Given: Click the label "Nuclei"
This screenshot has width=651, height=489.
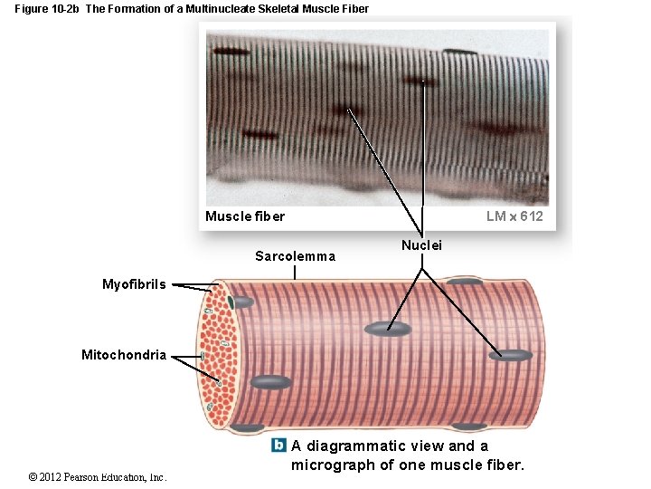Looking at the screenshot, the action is (421, 245).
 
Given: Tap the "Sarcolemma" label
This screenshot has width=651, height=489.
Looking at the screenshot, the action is (295, 256).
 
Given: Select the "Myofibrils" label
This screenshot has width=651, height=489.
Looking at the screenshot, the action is (134, 284).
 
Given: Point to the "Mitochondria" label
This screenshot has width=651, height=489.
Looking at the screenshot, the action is (124, 355).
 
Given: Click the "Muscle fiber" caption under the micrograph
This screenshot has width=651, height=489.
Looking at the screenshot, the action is (244, 216).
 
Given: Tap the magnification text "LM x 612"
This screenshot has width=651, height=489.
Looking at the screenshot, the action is (514, 216).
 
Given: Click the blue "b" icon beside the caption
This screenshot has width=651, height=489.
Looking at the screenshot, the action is (278, 446).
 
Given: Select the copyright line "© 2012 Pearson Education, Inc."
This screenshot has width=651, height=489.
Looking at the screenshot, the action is (97, 477).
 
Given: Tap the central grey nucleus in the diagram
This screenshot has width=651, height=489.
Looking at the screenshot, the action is (388, 329).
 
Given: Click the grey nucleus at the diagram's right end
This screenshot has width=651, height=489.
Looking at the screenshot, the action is (511, 355).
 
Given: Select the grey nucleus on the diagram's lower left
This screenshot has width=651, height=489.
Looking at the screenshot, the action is (271, 382).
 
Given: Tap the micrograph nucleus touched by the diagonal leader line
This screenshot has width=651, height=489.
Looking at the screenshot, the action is (347, 110).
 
